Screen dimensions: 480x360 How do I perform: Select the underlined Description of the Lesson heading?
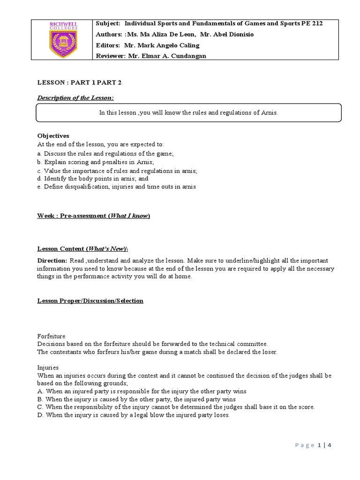click(76, 97)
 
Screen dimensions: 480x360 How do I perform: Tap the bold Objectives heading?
click(53, 135)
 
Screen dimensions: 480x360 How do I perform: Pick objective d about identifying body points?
click(93, 179)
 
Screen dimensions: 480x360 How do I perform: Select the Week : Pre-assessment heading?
click(94, 216)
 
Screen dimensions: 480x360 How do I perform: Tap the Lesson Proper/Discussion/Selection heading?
click(90, 300)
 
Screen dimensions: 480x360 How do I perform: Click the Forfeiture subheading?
click(51, 336)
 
